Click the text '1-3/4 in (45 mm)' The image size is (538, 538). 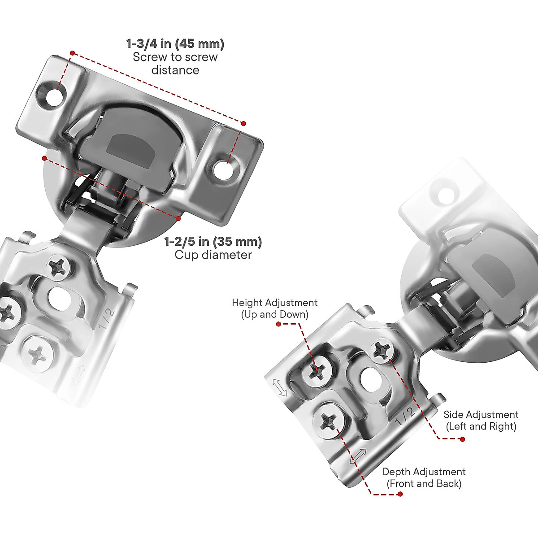pos(175,44)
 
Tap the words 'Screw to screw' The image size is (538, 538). pos(175,57)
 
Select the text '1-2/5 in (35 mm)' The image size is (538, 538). pos(213,242)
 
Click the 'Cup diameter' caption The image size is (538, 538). pos(213,255)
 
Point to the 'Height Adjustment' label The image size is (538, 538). pos(274,303)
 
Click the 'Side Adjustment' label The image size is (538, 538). pos(481,414)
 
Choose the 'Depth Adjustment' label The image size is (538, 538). pos(424,472)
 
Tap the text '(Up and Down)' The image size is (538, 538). pos(274,314)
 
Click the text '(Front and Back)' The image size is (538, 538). pos(424,483)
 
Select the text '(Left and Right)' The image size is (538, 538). pos(481,426)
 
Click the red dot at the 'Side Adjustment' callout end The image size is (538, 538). pos(463,439)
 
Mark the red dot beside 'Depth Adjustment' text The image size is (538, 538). pos(400,494)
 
